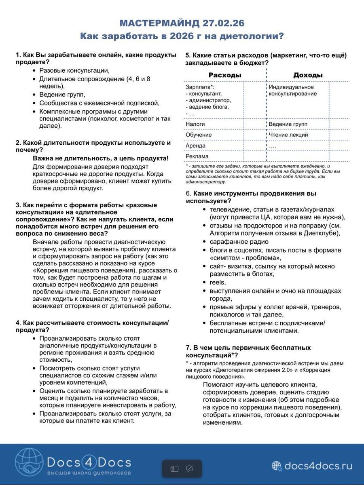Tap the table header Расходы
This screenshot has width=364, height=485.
(225, 75)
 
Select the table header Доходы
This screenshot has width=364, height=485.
(308, 75)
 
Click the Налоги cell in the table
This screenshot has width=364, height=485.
(195, 124)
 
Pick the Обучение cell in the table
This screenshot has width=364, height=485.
(199, 135)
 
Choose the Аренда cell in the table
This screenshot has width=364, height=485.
(196, 145)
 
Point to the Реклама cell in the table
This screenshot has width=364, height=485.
(197, 156)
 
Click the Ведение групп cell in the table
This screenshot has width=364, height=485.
(288, 124)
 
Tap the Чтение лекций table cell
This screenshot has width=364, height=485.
(288, 135)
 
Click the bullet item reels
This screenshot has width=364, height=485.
(218, 283)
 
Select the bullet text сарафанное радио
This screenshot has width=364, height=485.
(239, 242)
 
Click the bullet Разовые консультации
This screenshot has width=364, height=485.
(74, 70)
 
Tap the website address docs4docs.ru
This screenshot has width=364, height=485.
(318, 466)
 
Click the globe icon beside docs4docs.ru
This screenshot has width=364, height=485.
(277, 466)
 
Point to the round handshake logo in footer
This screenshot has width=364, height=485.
(29, 462)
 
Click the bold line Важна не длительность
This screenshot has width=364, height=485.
(100, 158)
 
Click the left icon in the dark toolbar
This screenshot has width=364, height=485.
(174, 469)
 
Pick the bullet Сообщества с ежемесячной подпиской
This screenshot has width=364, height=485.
(99, 103)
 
